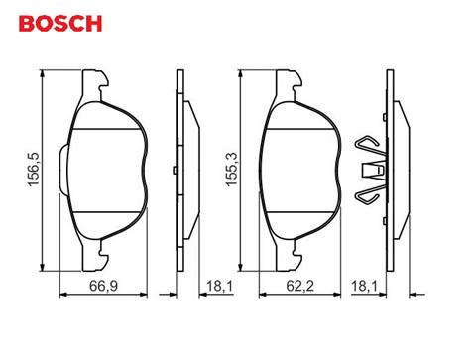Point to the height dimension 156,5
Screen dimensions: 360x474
click(34, 170)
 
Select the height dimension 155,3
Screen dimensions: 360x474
click(230, 170)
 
